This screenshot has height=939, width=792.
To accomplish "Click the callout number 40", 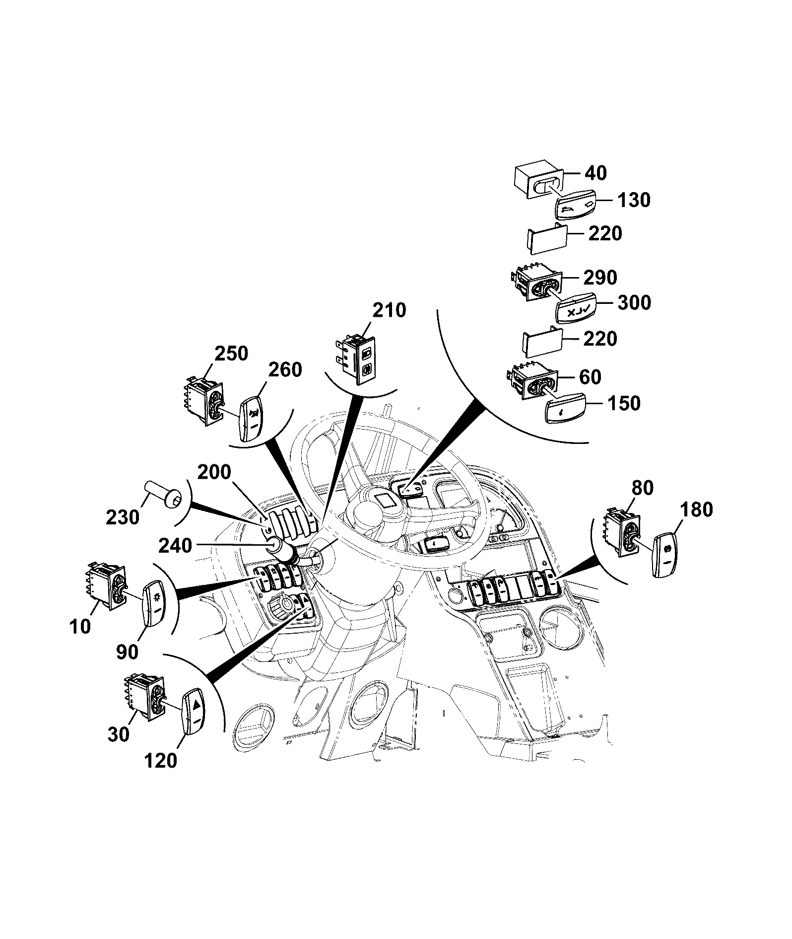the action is [x=595, y=173].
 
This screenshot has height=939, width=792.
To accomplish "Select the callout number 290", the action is [x=599, y=278].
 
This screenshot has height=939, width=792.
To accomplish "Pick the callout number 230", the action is [x=123, y=517].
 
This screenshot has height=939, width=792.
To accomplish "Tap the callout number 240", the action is [x=175, y=546].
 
